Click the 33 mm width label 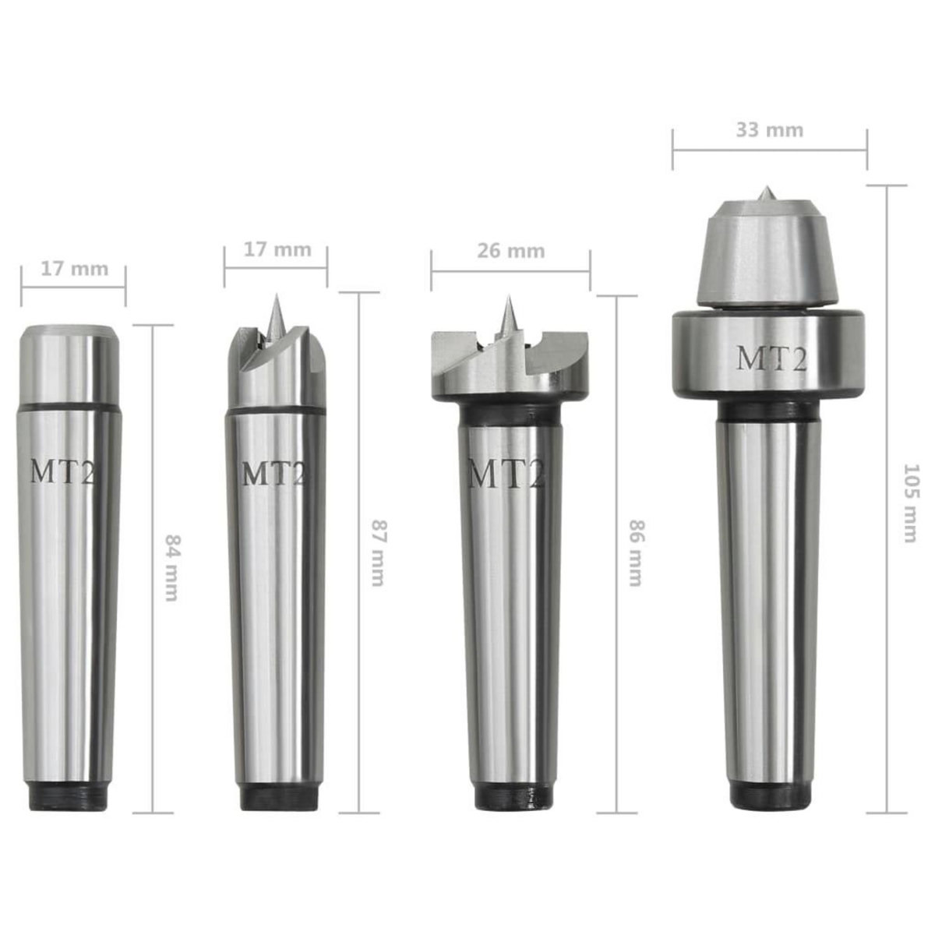(x=769, y=129)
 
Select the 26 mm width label (x=510, y=251)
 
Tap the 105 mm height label (x=909, y=503)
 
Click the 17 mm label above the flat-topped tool (x=73, y=269)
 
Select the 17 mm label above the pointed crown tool (x=276, y=249)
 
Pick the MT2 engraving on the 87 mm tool (x=273, y=474)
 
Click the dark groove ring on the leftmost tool (x=70, y=408)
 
